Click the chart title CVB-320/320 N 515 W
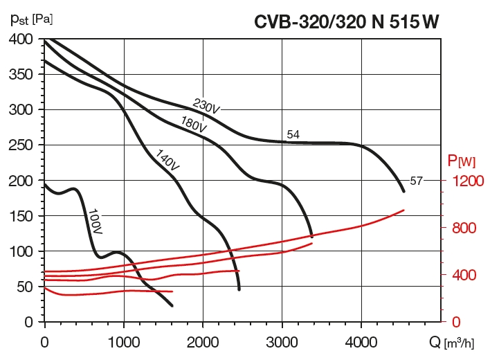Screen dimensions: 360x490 tap(346, 22)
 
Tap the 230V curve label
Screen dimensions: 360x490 tap(206, 107)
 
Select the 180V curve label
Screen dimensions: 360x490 tap(194, 125)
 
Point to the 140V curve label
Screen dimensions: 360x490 tap(167, 160)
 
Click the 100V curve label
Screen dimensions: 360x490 tap(95, 222)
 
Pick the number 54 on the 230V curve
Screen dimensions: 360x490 tap(293, 134)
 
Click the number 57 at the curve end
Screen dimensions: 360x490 tap(416, 181)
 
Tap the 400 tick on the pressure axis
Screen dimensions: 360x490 tap(23, 39)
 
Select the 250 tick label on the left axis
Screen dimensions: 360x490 tap(23, 145)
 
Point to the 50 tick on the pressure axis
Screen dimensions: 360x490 tap(26, 287)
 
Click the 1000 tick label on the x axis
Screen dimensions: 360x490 tap(123, 341)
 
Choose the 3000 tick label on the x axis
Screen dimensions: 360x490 tap(282, 341)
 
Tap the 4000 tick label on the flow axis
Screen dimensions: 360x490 tap(361, 341)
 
